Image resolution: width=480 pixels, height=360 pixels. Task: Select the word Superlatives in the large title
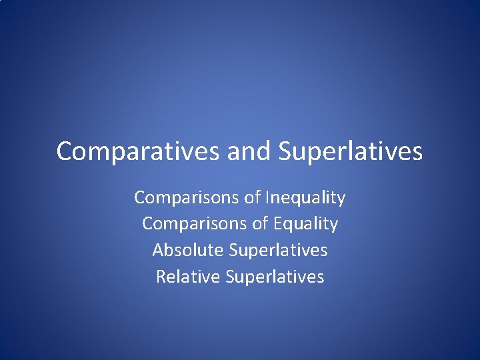coord(351,151)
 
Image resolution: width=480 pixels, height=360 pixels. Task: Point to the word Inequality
coord(305,197)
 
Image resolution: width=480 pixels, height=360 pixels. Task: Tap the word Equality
coord(306,223)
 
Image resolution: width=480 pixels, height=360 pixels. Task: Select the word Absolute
coord(187,250)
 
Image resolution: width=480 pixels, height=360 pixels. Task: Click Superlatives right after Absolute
coord(278,250)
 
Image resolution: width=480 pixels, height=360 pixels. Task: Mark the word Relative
coord(188,276)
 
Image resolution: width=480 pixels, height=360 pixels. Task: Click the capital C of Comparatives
coord(64,151)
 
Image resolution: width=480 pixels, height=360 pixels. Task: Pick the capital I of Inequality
coord(267,197)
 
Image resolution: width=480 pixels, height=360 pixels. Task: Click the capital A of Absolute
coord(158,250)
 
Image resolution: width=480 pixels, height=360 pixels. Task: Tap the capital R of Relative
coord(161,276)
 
